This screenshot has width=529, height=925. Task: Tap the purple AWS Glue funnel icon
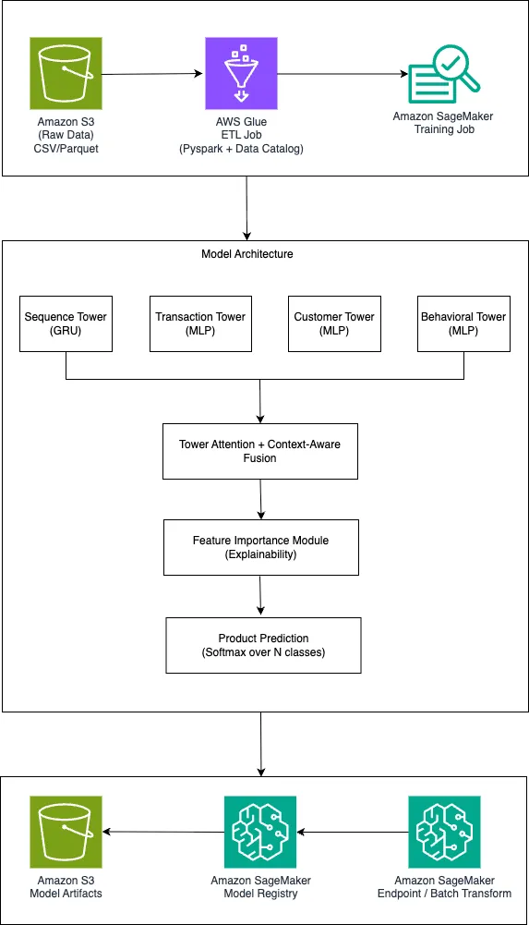coord(241,73)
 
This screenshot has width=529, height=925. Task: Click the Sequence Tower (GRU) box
coord(66,323)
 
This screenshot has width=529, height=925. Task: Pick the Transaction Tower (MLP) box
coord(200,323)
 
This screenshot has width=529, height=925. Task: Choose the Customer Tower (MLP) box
coord(334,323)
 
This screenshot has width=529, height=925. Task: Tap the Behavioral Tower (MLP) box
coord(463,323)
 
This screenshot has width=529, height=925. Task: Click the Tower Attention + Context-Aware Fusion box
coord(259,451)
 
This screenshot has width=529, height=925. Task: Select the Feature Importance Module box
coord(261,547)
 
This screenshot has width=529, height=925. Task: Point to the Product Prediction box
coord(263,645)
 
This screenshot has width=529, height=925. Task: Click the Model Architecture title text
coord(247,254)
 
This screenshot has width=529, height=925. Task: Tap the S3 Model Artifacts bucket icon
coord(66,832)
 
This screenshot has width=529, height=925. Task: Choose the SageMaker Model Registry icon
coord(260,832)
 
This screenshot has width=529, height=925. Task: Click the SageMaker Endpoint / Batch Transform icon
coord(444,832)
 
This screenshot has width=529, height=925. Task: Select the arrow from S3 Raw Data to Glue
coord(152,74)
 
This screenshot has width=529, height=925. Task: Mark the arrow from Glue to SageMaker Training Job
coord(343,74)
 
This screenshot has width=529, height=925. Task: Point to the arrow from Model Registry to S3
coord(163,832)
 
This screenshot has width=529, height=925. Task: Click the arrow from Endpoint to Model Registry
coord(353,832)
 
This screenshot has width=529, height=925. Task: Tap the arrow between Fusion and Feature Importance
coord(260,499)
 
